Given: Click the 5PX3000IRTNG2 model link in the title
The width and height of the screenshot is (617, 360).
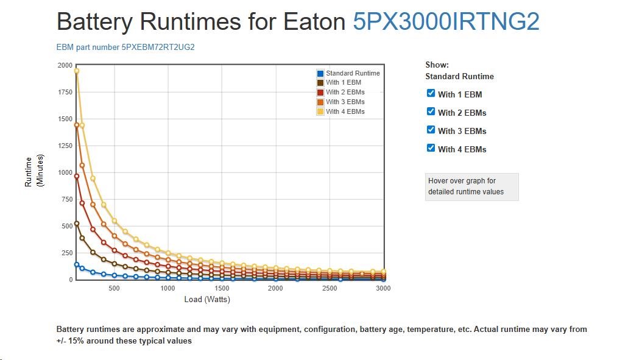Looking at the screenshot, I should coord(446,22).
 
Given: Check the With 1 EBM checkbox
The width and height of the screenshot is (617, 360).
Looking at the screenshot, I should coord(431,93).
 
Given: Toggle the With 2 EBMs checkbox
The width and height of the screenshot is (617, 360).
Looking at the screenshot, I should coord(431,111).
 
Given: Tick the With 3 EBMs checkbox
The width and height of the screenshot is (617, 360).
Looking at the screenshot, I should coord(431,130).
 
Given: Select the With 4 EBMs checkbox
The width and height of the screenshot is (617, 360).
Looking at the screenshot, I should coord(431,148).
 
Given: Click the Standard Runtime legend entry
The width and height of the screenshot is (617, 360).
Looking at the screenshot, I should coord(352,73).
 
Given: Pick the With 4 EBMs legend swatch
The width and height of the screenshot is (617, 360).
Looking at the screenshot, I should coord(320,111).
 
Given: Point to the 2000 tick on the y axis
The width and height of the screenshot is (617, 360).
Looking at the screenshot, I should coord(65,65).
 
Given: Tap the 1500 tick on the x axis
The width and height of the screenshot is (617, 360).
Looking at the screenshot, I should coord(222,288).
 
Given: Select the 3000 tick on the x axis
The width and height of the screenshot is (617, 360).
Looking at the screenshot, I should coord(383,288).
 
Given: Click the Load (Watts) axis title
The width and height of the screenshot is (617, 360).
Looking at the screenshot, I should coord(207,300).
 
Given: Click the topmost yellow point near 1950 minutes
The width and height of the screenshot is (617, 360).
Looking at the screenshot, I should coord(77,71).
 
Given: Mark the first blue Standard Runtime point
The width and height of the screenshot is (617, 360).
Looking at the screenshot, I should coord(77,264).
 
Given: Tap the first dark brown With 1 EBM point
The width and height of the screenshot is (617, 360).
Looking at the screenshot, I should coord(77,223).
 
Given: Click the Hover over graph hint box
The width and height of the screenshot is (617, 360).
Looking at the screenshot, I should coord(471,186).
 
